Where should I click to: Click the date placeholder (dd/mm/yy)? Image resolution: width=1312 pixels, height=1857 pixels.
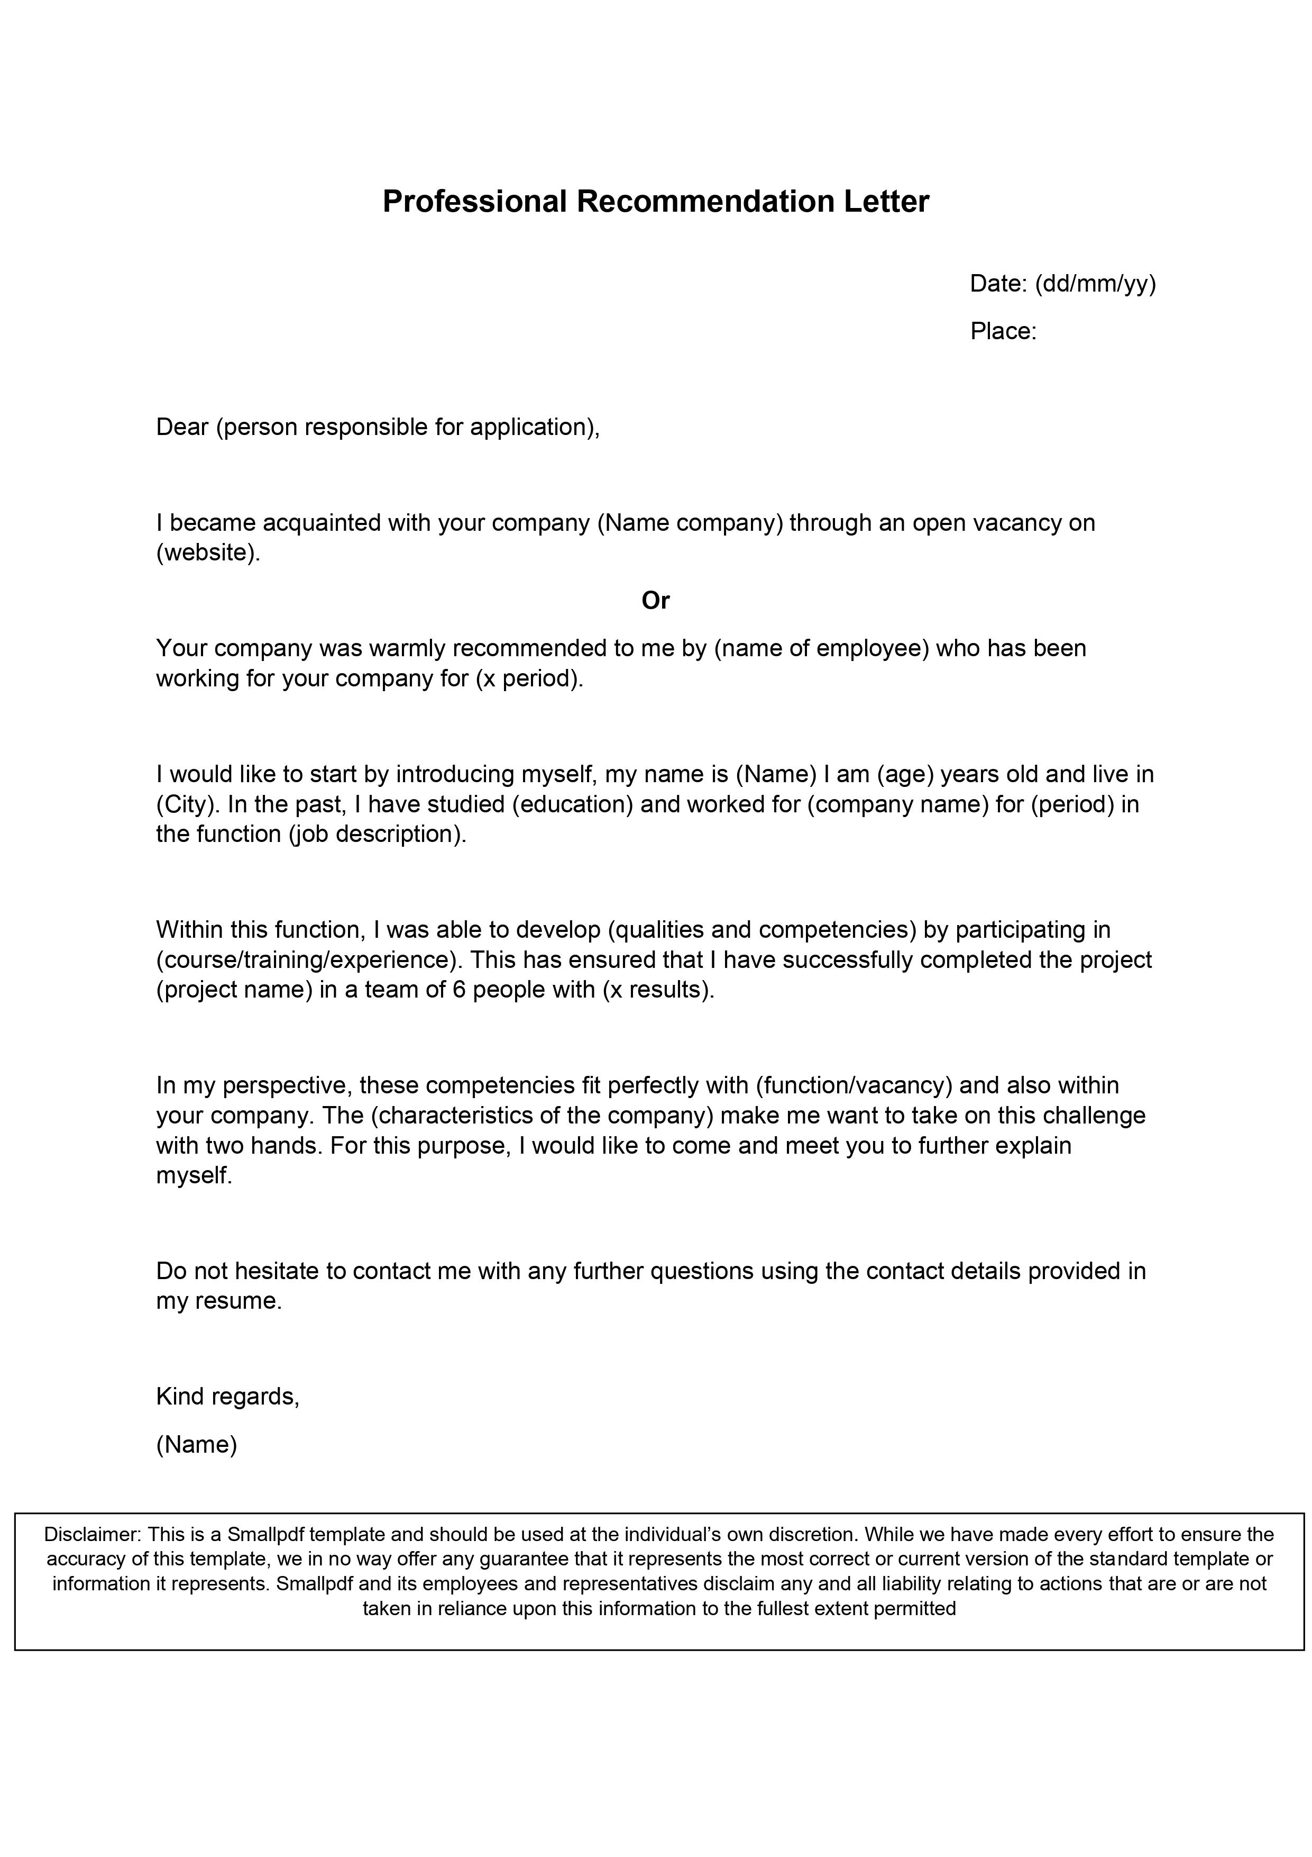click(x=1095, y=284)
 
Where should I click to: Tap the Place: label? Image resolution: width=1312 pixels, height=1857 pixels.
click(x=1003, y=332)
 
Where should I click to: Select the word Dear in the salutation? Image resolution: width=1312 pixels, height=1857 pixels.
click(x=182, y=427)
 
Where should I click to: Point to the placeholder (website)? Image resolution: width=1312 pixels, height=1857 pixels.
click(x=208, y=553)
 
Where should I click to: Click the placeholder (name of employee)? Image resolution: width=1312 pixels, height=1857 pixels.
click(x=821, y=649)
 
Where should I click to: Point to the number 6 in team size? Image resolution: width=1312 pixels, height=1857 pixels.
click(x=458, y=990)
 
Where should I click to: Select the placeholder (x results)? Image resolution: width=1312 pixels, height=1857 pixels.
click(x=658, y=990)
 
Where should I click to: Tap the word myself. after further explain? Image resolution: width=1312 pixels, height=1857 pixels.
click(x=194, y=1175)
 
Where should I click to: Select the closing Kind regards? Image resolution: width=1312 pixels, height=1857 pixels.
click(x=227, y=1397)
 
